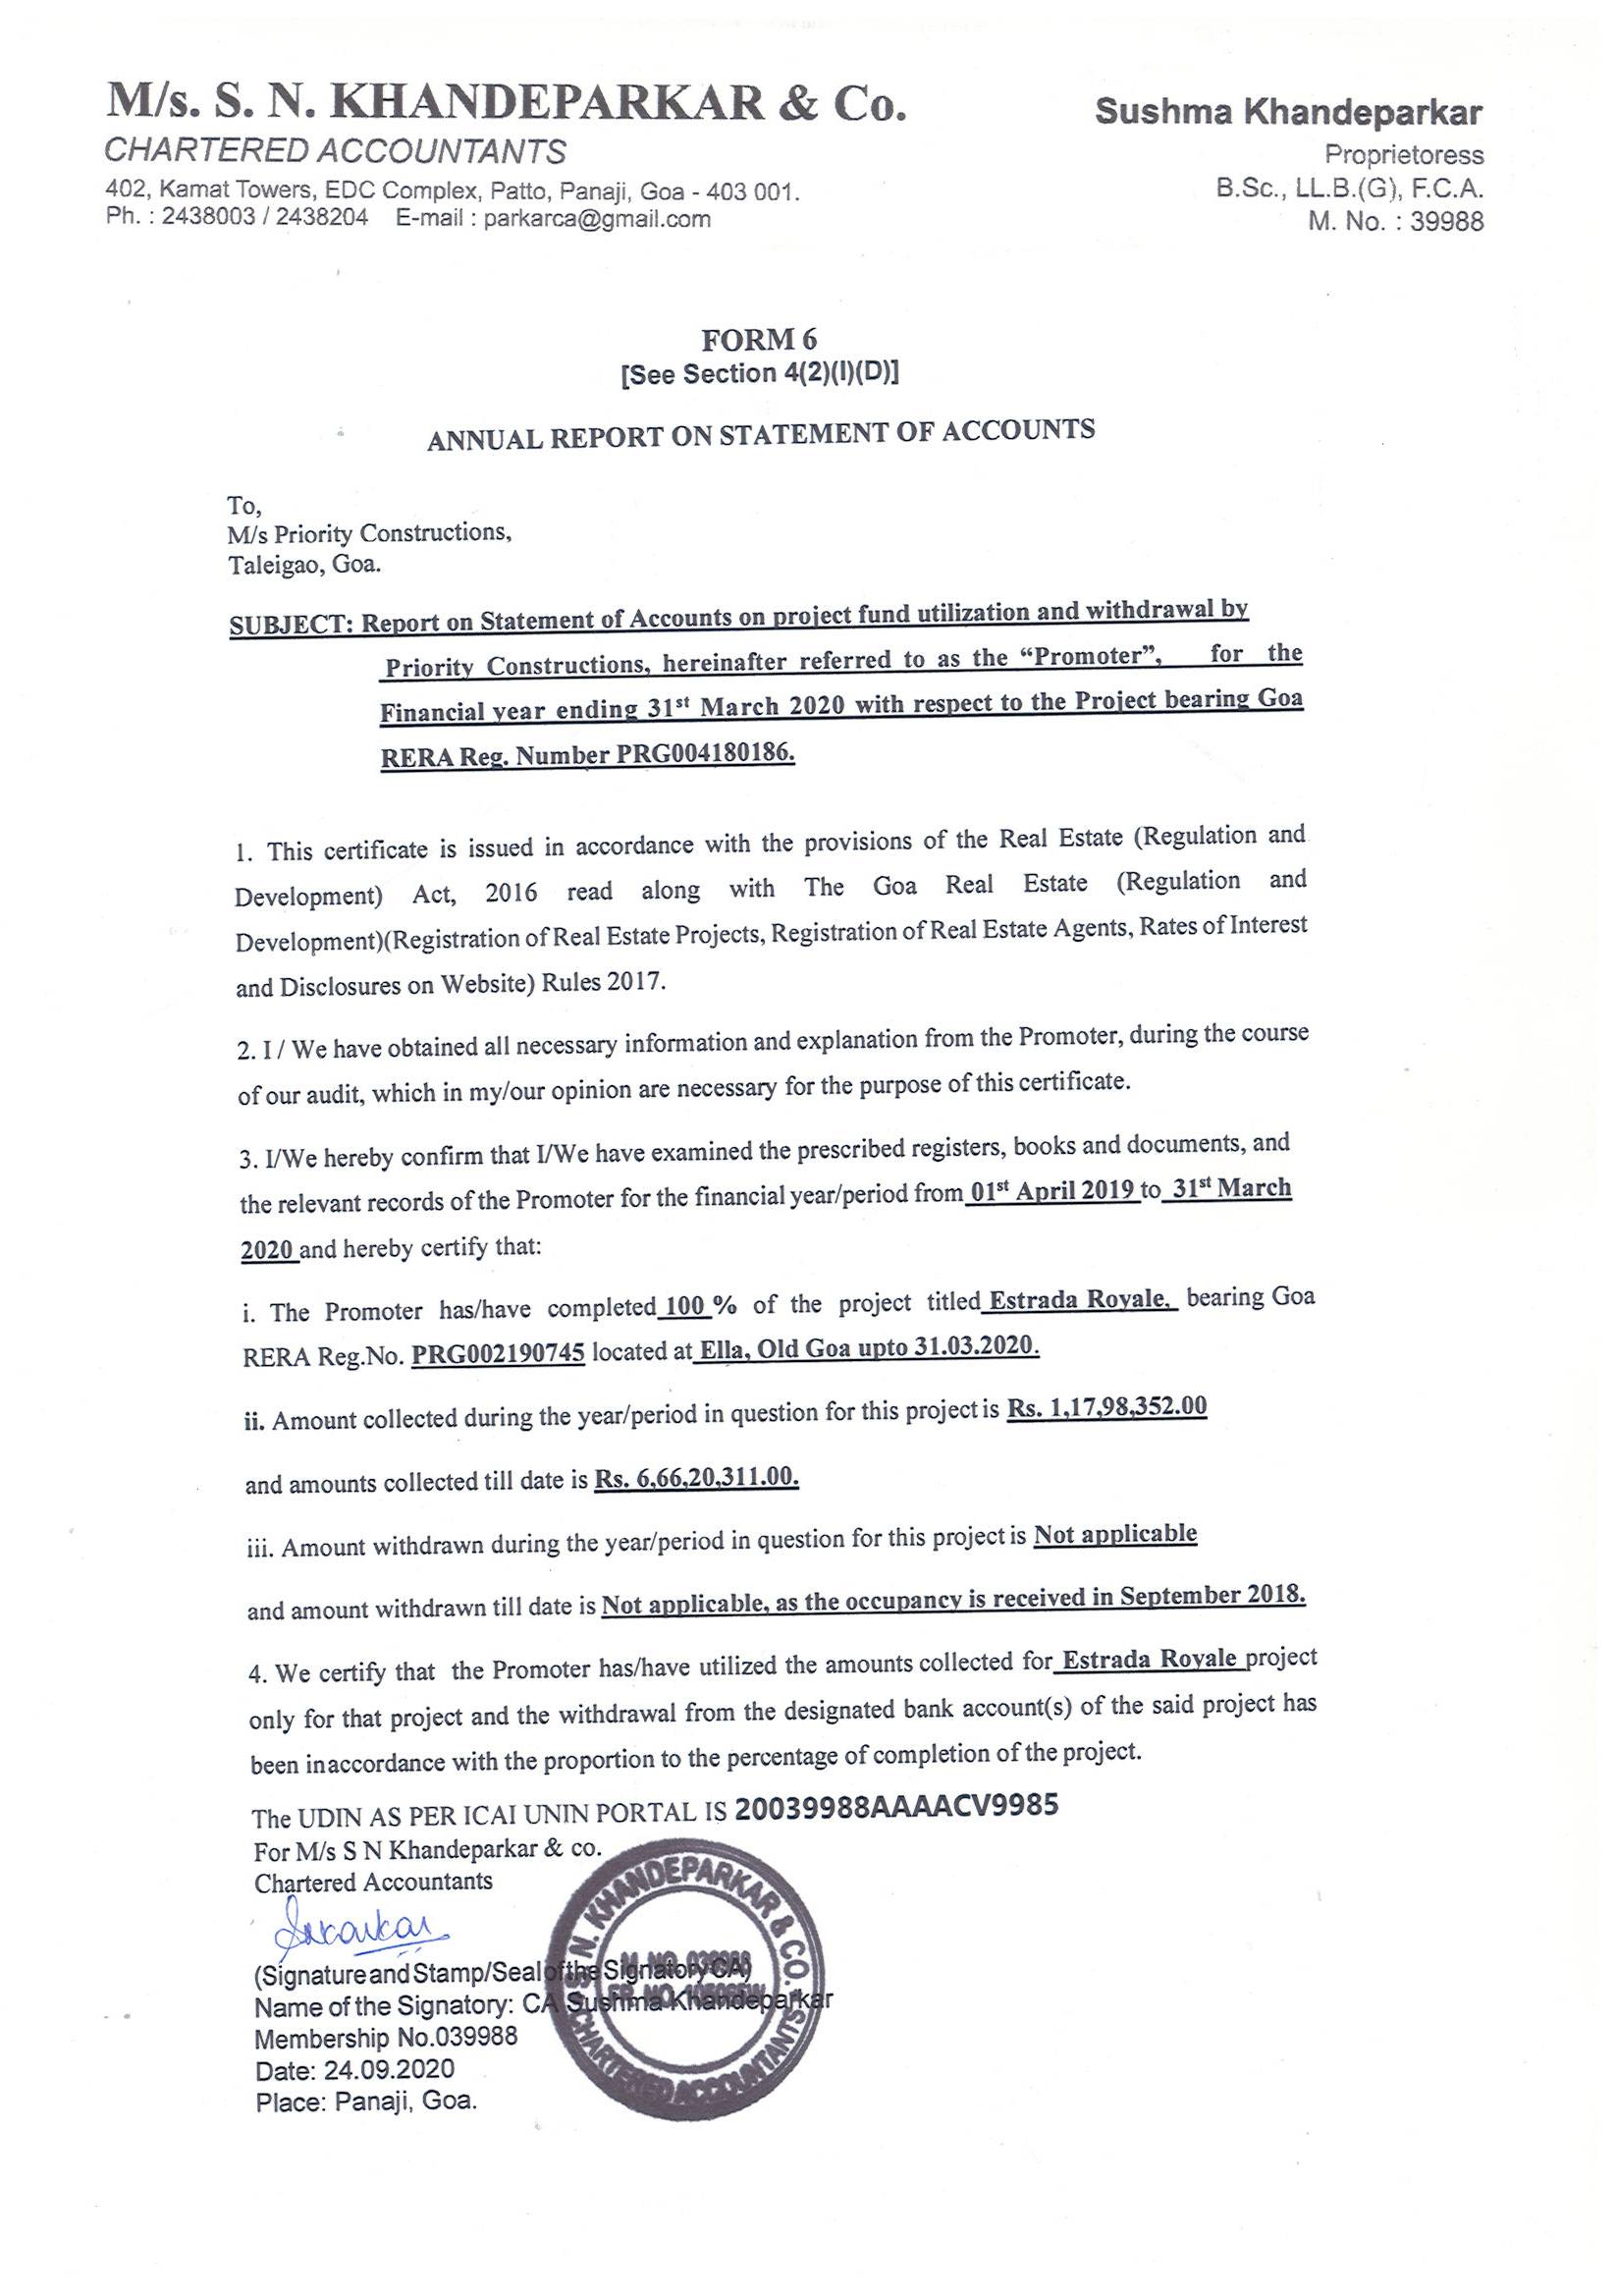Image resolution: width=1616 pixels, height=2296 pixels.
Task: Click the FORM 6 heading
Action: (759, 340)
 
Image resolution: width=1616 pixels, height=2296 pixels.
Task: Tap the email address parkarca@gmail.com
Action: (597, 219)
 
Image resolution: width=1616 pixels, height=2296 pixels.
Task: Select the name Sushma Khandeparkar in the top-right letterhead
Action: (1288, 113)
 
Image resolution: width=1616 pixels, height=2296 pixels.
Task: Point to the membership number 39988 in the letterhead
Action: (1446, 222)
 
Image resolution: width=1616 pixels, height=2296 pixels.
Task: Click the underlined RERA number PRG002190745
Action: (498, 1356)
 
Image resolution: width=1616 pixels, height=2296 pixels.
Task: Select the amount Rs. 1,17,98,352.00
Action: (1107, 1407)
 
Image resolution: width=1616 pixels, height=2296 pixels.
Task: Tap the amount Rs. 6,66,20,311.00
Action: (696, 1478)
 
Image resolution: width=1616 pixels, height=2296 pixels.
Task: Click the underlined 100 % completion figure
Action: (689, 1306)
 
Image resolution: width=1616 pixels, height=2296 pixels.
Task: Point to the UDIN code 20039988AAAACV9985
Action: (895, 1807)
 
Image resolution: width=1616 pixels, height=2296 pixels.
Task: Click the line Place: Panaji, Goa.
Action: (366, 2099)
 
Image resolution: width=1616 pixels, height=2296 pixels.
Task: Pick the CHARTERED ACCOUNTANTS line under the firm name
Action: (335, 151)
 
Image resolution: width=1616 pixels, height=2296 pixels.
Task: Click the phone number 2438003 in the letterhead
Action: (208, 218)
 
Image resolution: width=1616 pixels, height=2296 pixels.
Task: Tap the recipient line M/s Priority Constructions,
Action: (370, 534)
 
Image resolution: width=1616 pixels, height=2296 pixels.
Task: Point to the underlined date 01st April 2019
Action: (1053, 1192)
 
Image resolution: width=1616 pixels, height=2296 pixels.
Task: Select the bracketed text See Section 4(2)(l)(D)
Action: (760, 374)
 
